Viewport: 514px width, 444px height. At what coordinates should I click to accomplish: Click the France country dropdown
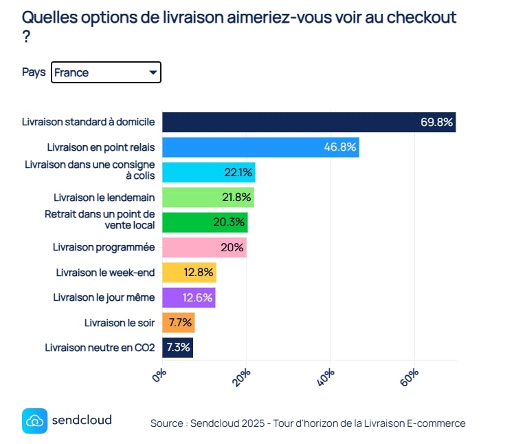click(x=106, y=72)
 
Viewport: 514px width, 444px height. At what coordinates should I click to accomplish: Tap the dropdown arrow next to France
click(x=153, y=72)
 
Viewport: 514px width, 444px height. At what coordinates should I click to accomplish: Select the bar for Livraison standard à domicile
click(x=309, y=123)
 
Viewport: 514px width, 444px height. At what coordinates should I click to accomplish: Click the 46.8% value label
click(x=340, y=147)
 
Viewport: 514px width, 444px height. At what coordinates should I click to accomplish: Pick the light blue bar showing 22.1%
click(x=208, y=172)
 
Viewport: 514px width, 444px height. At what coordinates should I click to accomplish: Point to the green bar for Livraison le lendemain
click(x=208, y=198)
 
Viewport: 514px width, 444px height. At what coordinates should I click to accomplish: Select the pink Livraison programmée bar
click(x=204, y=247)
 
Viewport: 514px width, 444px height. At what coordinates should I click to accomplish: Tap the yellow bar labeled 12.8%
click(x=189, y=273)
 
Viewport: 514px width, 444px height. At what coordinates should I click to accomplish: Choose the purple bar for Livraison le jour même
click(x=188, y=297)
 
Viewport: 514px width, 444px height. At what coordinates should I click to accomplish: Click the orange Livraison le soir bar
click(x=178, y=322)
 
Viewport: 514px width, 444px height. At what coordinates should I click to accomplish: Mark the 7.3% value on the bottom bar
click(x=178, y=347)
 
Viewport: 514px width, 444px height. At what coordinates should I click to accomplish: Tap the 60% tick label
click(x=410, y=377)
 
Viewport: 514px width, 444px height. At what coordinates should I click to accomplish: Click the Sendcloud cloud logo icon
click(x=34, y=421)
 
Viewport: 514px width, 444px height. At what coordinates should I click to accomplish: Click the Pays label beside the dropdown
click(x=34, y=72)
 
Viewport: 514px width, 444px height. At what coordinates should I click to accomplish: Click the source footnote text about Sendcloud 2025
click(x=308, y=423)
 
